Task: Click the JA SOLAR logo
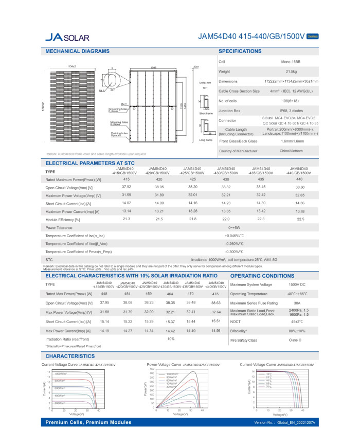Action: pos(67,37)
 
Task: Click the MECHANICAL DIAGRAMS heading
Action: pos(77,51)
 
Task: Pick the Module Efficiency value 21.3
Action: pos(126,219)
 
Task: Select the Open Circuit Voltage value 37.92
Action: pos(126,187)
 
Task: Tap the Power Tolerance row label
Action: pos(60,227)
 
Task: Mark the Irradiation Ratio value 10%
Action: pos(171,339)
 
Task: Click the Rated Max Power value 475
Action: pos(215,293)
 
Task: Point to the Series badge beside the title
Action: pos(312,37)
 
